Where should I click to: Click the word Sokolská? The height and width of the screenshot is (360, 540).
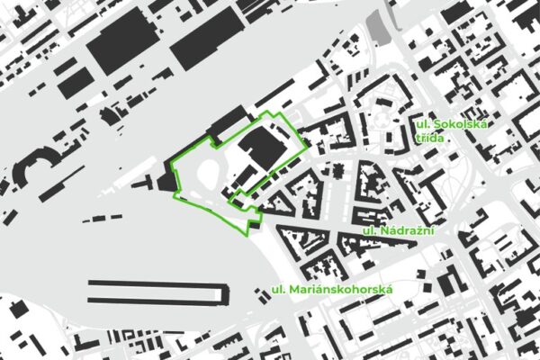tap(460, 124)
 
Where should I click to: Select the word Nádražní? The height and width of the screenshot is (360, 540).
tap(410, 232)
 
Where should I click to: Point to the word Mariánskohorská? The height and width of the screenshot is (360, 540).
tap(341, 290)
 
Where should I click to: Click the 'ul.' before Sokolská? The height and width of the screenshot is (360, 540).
tap(423, 124)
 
